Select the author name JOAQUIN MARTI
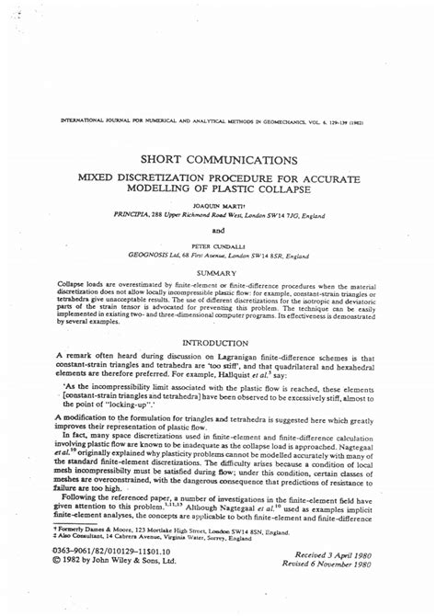pyautogui.click(x=218, y=205)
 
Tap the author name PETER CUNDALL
pyautogui.click(x=218, y=246)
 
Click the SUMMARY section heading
pyautogui.click(x=218, y=273)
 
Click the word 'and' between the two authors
pyautogui.click(x=218, y=230)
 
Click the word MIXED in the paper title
pyautogui.click(x=77, y=176)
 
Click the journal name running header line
pyautogui.click(x=218, y=120)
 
